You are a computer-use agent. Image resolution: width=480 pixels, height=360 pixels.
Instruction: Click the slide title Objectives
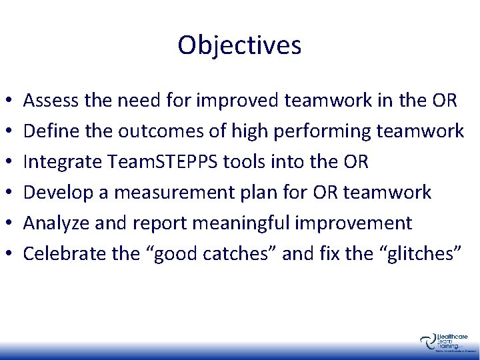239,45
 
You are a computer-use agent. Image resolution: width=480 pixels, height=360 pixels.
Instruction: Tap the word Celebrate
59,253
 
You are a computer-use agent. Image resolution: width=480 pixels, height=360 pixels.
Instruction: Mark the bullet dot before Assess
7,102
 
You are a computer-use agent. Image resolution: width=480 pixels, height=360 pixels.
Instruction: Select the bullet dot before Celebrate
7,254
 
